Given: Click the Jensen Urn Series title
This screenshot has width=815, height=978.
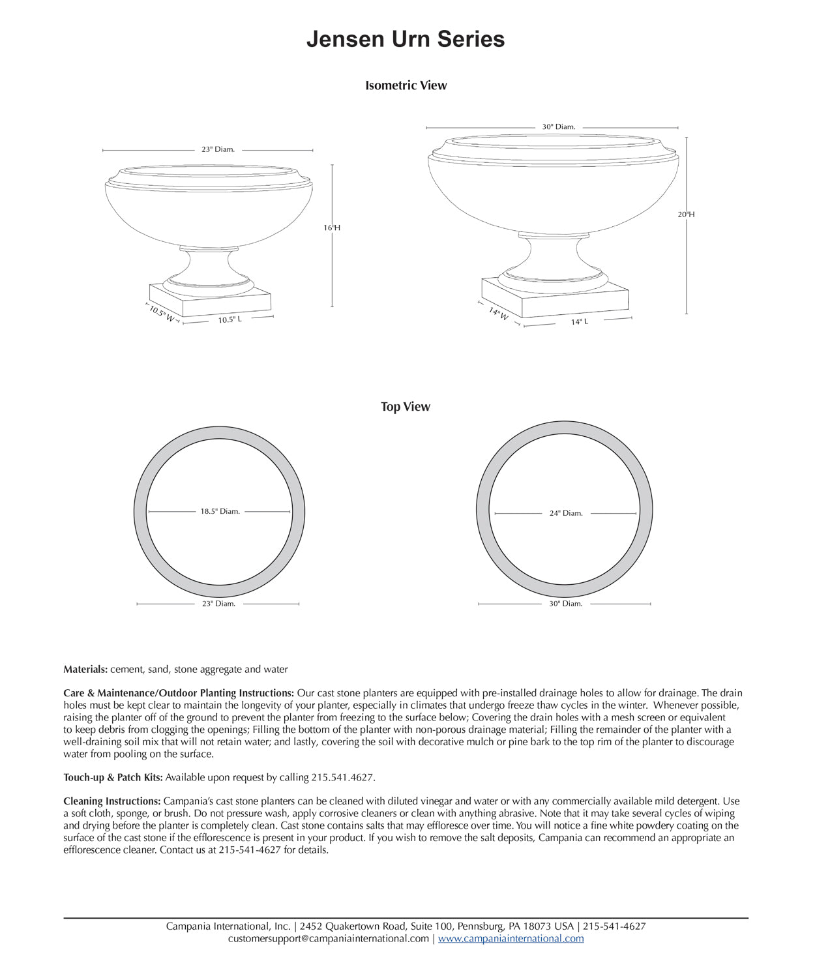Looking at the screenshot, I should [x=406, y=39].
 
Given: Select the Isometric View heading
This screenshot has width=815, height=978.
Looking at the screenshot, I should [x=406, y=85].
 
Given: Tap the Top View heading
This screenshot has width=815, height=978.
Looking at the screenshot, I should [x=406, y=407].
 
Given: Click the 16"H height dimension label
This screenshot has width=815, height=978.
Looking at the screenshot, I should [x=332, y=228].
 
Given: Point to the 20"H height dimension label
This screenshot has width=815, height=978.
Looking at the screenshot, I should [x=686, y=215].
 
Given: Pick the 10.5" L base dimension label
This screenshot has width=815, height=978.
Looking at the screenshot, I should [x=230, y=320].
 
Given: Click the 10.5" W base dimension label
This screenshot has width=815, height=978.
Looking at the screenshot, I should [x=161, y=314].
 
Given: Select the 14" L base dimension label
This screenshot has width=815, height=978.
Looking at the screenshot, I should [x=580, y=322].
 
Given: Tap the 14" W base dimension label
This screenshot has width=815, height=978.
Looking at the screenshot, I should [x=498, y=314].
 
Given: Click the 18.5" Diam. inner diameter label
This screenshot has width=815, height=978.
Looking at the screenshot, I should [x=220, y=512].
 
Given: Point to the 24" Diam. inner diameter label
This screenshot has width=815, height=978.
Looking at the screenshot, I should [x=565, y=514].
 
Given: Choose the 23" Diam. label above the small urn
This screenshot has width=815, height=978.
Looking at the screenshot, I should [x=218, y=149].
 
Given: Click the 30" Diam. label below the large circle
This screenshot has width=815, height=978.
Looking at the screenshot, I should [x=565, y=604].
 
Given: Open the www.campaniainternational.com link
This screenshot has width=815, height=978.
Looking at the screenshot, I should [x=511, y=939].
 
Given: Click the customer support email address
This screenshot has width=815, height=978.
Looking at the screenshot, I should [x=329, y=939].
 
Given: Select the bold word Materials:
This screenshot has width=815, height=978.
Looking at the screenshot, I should [x=85, y=670].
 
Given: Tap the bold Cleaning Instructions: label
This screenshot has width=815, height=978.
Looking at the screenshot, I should [x=112, y=801].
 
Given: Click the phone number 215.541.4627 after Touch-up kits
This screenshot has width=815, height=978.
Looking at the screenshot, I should [x=342, y=778].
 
